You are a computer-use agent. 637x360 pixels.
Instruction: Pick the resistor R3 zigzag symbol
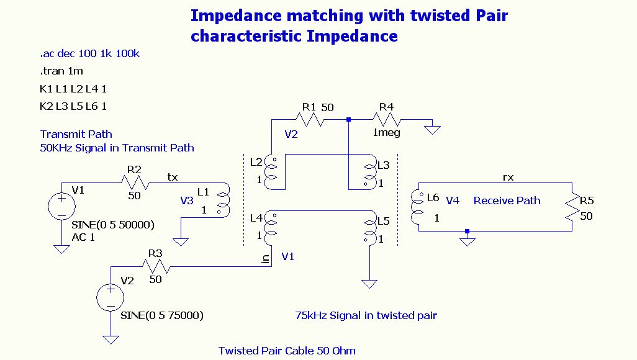(x=156, y=267)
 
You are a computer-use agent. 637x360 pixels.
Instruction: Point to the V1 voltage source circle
(x=61, y=207)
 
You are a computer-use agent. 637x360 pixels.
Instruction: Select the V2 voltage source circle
(x=111, y=297)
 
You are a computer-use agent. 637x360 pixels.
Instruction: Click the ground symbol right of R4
(x=432, y=130)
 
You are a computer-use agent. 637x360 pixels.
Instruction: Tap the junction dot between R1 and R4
(x=348, y=119)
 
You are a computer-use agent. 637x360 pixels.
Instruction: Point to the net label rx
(x=508, y=177)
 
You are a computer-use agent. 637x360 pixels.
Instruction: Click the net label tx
(x=173, y=177)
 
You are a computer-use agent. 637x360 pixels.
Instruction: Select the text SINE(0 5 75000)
(x=162, y=315)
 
